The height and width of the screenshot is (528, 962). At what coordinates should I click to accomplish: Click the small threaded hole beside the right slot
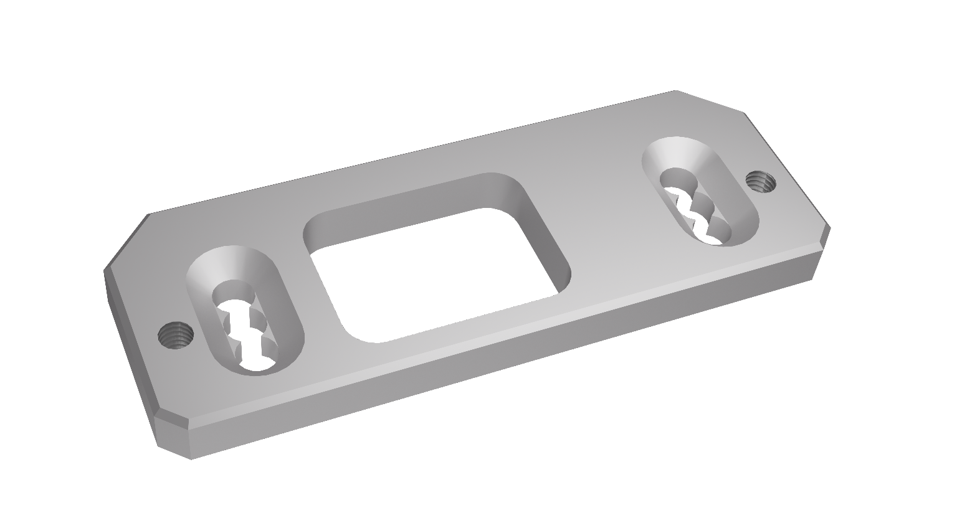tap(760, 182)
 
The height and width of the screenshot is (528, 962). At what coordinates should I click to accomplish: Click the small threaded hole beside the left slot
tap(175, 336)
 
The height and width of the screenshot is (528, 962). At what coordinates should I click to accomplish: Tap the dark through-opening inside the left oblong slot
tap(246, 330)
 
